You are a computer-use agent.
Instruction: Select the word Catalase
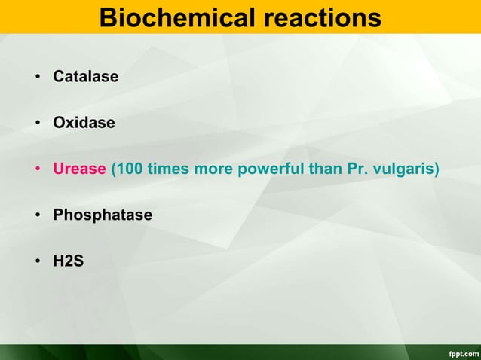click(85, 77)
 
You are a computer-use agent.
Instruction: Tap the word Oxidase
click(84, 123)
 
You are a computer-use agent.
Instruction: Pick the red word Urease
click(79, 169)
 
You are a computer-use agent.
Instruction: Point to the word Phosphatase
click(103, 215)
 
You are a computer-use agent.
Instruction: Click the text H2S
click(68, 261)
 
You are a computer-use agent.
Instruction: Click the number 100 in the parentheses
click(130, 169)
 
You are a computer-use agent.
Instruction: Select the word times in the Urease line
click(169, 169)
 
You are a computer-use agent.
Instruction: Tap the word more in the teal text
click(213, 169)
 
